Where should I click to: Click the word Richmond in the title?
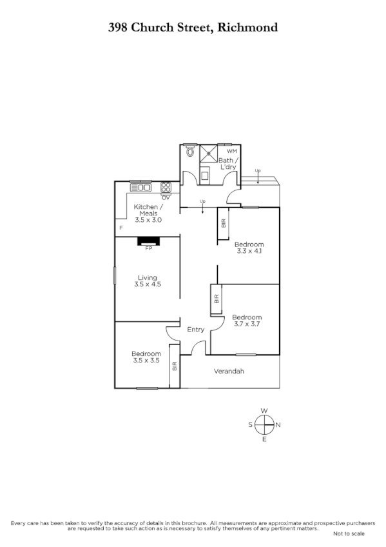(248, 27)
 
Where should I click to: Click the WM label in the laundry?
(231, 151)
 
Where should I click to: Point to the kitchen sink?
(140, 188)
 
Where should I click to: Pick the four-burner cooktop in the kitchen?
(166, 188)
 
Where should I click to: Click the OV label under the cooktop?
(166, 197)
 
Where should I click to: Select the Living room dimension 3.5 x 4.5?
(147, 284)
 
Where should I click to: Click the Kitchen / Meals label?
(148, 210)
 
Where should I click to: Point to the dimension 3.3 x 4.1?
(249, 252)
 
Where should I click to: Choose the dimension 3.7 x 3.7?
(247, 324)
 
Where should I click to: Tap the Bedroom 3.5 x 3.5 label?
(146, 357)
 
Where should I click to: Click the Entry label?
(195, 330)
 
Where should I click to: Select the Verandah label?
(229, 372)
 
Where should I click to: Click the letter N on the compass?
(278, 425)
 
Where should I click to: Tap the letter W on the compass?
(264, 411)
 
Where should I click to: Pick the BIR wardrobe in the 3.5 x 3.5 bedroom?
(174, 366)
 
